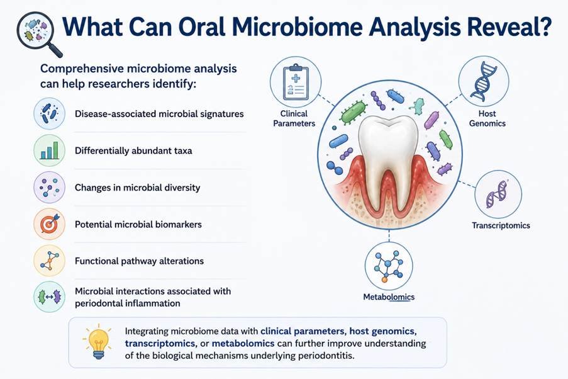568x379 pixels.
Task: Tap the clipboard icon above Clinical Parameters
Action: pyautogui.click(x=296, y=82)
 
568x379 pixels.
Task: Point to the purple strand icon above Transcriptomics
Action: pyautogui.click(x=497, y=194)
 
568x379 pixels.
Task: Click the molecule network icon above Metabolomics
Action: pyautogui.click(x=388, y=266)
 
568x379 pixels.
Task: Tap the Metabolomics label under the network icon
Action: pyautogui.click(x=389, y=297)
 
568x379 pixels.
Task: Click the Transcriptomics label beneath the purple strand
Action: pyautogui.click(x=501, y=225)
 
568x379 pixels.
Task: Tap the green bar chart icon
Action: pyautogui.click(x=49, y=150)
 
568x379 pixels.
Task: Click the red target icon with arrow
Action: pyautogui.click(x=49, y=223)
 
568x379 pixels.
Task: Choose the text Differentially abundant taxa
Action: pyautogui.click(x=133, y=150)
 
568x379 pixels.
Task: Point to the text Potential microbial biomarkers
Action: pyautogui.click(x=138, y=224)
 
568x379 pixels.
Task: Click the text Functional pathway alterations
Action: pyautogui.click(x=139, y=261)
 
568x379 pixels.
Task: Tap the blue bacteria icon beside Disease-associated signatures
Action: pyautogui.click(x=49, y=113)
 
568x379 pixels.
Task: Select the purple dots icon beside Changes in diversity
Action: pyautogui.click(x=49, y=187)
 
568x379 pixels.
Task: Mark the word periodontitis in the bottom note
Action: pyautogui.click(x=326, y=356)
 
